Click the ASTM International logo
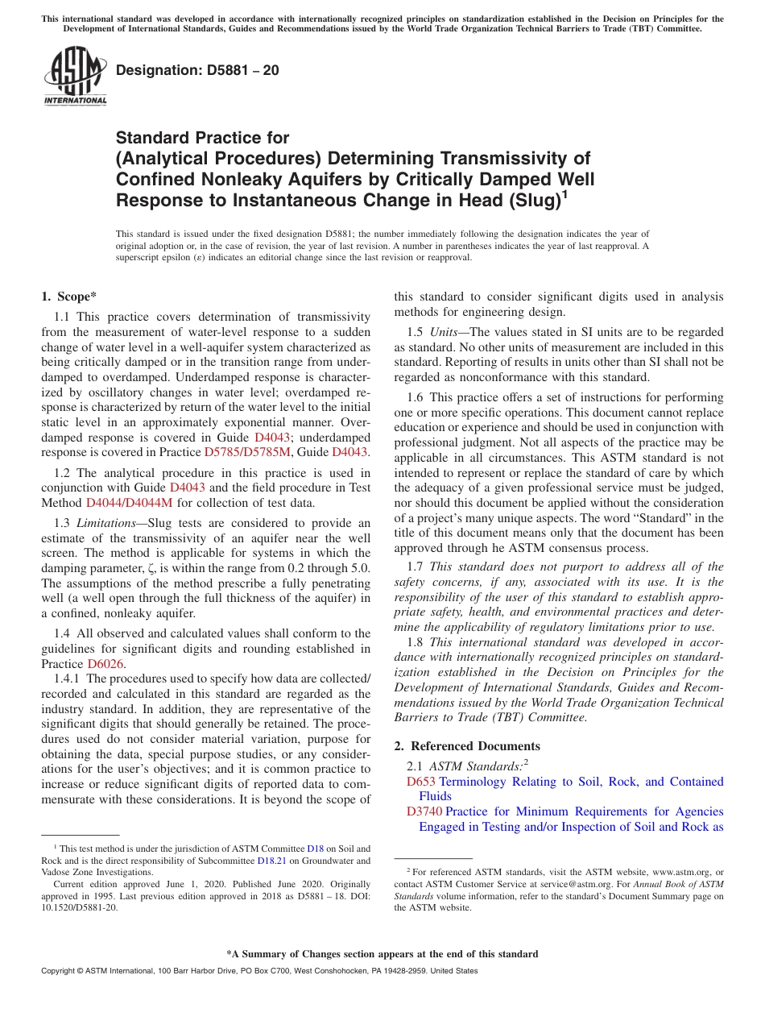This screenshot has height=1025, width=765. click(x=74, y=77)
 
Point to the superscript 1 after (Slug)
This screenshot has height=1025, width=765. click(x=564, y=193)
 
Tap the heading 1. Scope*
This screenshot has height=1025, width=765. click(x=69, y=297)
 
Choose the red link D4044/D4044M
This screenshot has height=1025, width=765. click(x=129, y=503)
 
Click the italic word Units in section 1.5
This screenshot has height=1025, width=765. click(x=442, y=332)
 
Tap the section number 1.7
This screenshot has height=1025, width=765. click(x=416, y=566)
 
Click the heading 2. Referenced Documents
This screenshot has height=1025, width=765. click(x=467, y=746)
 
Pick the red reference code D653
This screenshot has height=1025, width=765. click(x=420, y=782)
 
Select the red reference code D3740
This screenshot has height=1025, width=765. click(x=424, y=811)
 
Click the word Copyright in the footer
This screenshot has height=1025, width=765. click(x=60, y=971)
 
